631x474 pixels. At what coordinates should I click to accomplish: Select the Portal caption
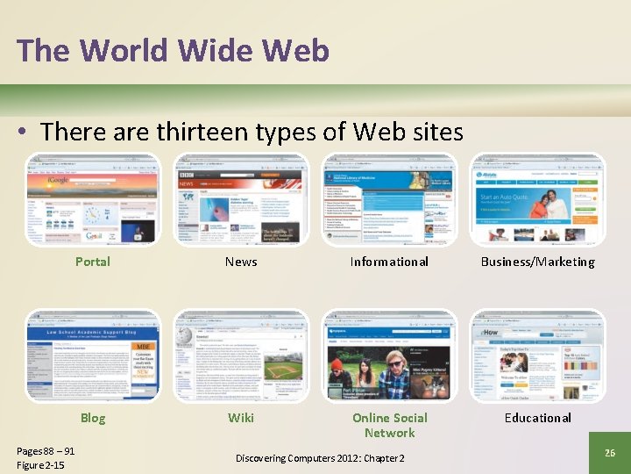93,262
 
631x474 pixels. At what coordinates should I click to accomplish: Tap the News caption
241,262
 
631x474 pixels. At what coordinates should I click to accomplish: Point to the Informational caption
389,262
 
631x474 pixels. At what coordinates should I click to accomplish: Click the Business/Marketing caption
537,262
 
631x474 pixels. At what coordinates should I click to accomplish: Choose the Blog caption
93,418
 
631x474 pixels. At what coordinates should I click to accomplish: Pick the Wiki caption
241,418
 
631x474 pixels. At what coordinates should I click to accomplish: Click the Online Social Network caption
389,425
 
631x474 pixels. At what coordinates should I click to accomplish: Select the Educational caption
537,418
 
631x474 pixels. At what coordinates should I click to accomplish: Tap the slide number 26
610,452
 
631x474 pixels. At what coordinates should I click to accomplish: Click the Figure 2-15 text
40,465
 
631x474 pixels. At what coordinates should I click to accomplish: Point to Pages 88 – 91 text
46,451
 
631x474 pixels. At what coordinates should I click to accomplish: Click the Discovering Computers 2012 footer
320,459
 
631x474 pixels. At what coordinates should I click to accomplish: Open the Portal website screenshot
93,200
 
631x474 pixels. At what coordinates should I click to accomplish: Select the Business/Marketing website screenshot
537,200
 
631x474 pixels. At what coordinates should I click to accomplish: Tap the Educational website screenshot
537,355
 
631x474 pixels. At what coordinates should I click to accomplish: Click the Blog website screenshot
93,355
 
